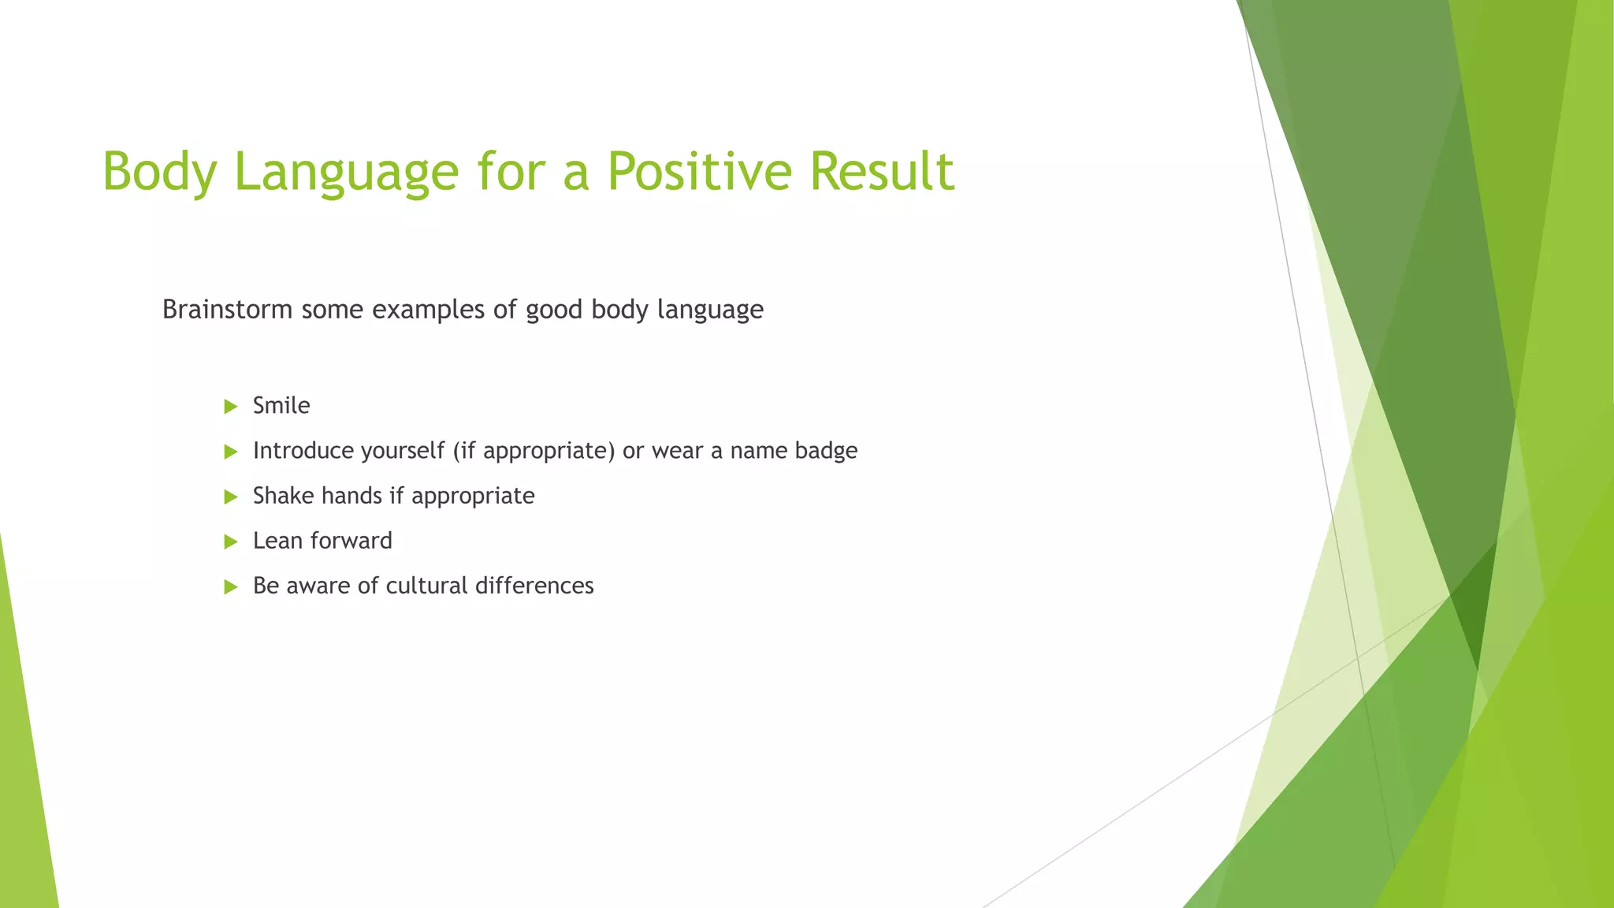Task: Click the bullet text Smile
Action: (x=281, y=406)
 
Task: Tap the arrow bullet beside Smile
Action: (x=231, y=407)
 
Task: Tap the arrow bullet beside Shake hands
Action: (x=231, y=497)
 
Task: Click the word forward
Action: (x=351, y=541)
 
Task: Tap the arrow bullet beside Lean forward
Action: (x=231, y=541)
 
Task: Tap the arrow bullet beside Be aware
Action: (x=231, y=586)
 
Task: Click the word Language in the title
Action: (x=346, y=173)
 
